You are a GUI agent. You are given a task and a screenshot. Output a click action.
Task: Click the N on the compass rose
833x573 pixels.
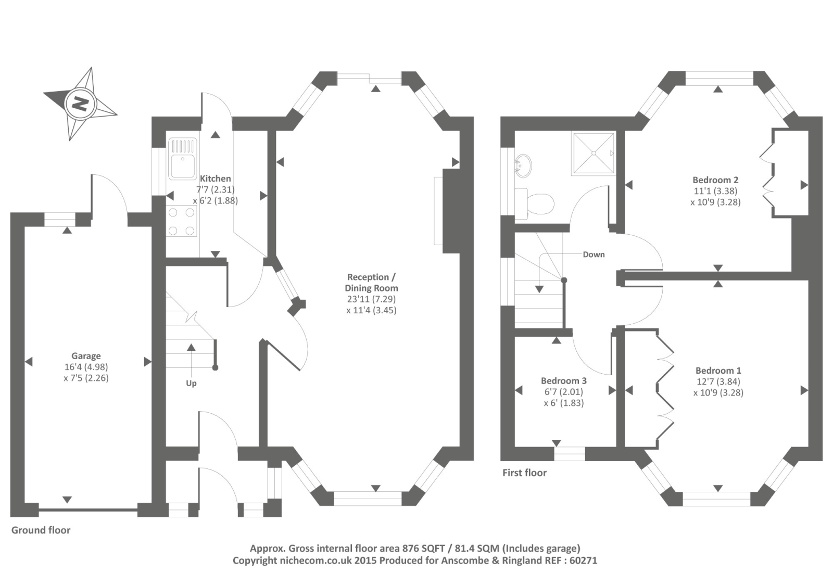[80, 104]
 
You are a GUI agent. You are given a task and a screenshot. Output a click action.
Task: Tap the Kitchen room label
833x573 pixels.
[215, 179]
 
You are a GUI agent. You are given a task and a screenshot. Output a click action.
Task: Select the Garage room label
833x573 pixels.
[86, 356]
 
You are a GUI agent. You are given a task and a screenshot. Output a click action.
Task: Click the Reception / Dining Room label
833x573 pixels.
[371, 283]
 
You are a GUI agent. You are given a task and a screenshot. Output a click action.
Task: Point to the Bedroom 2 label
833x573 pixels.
[715, 180]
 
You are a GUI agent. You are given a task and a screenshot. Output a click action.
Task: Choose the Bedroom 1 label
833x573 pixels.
[718, 371]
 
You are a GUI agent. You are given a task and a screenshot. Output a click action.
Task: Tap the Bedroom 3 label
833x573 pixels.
[563, 381]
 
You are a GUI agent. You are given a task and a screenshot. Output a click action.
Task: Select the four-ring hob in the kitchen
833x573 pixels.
[182, 221]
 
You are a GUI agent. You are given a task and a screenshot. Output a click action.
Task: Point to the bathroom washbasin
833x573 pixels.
[522, 165]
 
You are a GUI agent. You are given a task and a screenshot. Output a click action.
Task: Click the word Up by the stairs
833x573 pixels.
[191, 383]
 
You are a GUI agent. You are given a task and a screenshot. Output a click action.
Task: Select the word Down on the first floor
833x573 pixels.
[594, 254]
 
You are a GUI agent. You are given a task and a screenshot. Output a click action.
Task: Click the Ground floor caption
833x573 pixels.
[41, 530]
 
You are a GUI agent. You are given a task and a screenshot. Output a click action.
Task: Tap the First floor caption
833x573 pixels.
[524, 473]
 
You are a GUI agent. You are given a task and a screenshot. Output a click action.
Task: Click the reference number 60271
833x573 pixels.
[583, 561]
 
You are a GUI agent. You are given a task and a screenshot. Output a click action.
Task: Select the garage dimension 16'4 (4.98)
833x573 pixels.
[86, 367]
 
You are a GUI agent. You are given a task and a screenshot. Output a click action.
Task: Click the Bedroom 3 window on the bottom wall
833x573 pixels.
[570, 454]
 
